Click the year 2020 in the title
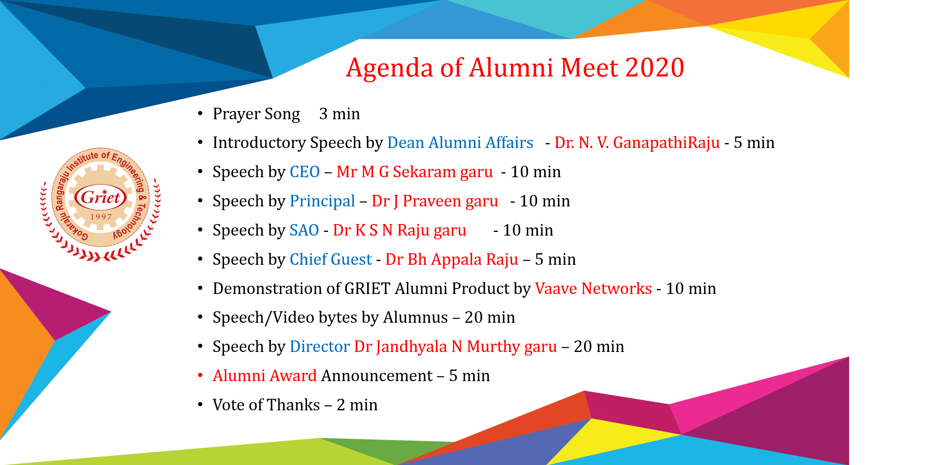tap(655, 67)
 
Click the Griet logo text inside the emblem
tap(101, 197)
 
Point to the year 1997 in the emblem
tap(101, 217)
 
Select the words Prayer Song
tap(256, 114)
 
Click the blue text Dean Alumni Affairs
tap(460, 143)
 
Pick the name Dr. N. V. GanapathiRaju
tap(637, 143)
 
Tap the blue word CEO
tap(305, 172)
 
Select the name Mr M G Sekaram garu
tap(415, 172)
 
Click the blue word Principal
tap(322, 201)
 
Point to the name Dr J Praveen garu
tap(435, 201)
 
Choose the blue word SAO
tap(304, 230)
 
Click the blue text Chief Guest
tap(331, 259)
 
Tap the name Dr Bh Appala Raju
tap(452, 260)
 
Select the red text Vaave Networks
tap(594, 289)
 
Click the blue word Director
tap(320, 347)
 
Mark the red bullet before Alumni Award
tap(200, 375)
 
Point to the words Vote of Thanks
tap(266, 405)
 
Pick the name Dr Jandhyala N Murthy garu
tap(456, 347)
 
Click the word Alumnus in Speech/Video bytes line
tap(416, 318)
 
